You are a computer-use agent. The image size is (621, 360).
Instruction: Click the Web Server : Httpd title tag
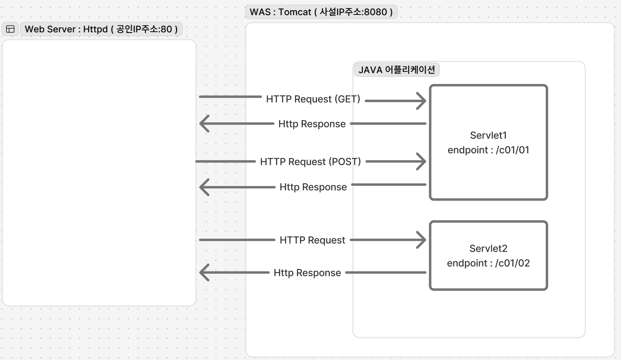101,29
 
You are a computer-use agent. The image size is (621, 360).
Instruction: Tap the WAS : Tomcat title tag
321,12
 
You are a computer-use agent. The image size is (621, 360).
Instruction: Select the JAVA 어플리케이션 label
396,70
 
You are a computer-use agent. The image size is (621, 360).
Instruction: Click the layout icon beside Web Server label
10,29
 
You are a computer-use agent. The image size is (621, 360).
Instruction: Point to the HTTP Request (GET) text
313,99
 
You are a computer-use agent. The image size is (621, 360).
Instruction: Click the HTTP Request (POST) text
310,162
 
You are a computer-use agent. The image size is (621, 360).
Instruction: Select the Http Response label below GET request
312,124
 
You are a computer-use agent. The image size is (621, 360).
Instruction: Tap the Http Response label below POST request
313,187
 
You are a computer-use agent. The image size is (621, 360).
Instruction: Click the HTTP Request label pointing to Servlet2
313,240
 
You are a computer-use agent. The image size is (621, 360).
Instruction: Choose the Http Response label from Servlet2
307,273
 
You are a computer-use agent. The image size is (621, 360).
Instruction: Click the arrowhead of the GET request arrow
421,101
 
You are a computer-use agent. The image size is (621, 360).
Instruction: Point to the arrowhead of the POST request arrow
421,161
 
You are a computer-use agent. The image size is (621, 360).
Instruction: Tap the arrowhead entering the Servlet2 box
421,240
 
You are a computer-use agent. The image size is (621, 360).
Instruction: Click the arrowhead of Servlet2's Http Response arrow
204,272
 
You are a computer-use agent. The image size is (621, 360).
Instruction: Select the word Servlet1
488,136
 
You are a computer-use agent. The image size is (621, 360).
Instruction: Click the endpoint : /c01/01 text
488,150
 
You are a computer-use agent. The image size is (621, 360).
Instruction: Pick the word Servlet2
488,249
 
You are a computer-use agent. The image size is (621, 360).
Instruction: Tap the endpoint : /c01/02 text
488,263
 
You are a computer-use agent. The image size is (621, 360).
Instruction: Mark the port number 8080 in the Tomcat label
376,12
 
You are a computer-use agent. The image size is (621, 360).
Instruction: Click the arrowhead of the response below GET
204,123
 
